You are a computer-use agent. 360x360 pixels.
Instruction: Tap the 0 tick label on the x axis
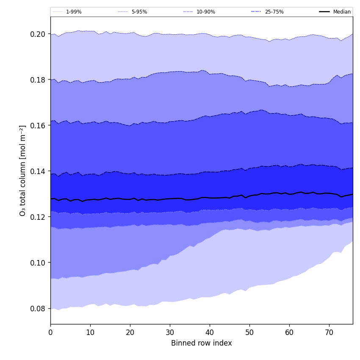tap(50, 332)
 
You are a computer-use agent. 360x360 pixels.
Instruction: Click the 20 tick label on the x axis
tap(130, 332)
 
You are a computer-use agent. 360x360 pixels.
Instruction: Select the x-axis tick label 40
tap(210, 332)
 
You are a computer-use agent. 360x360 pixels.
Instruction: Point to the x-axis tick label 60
tap(289, 332)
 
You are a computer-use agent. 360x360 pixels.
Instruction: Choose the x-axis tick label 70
tap(329, 332)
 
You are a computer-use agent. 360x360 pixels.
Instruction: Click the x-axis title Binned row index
tap(202, 343)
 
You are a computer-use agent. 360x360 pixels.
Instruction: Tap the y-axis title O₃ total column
tap(23, 170)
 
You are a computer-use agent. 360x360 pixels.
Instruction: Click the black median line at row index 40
tap(210, 198)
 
